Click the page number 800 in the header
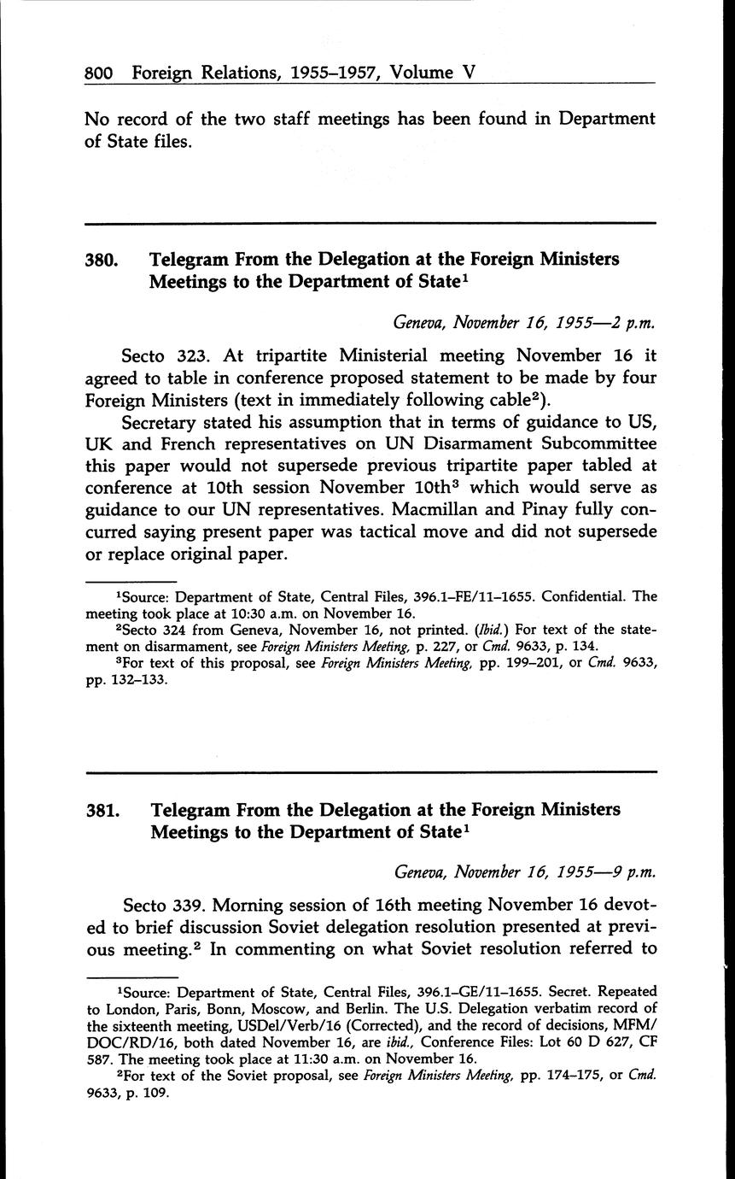[100, 73]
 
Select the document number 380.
[101, 259]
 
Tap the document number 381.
[102, 809]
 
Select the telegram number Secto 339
[166, 905]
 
